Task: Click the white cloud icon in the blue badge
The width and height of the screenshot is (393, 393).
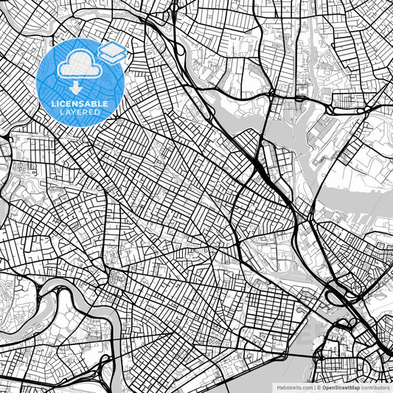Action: click(80, 66)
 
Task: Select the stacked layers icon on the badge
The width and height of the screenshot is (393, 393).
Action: click(112, 52)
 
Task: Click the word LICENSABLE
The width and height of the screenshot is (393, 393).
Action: click(80, 104)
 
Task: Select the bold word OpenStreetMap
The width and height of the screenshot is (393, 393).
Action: click(340, 386)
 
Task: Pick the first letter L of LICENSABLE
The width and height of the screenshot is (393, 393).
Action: click(53, 104)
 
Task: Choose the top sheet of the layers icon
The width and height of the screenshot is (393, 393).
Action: click(112, 48)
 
